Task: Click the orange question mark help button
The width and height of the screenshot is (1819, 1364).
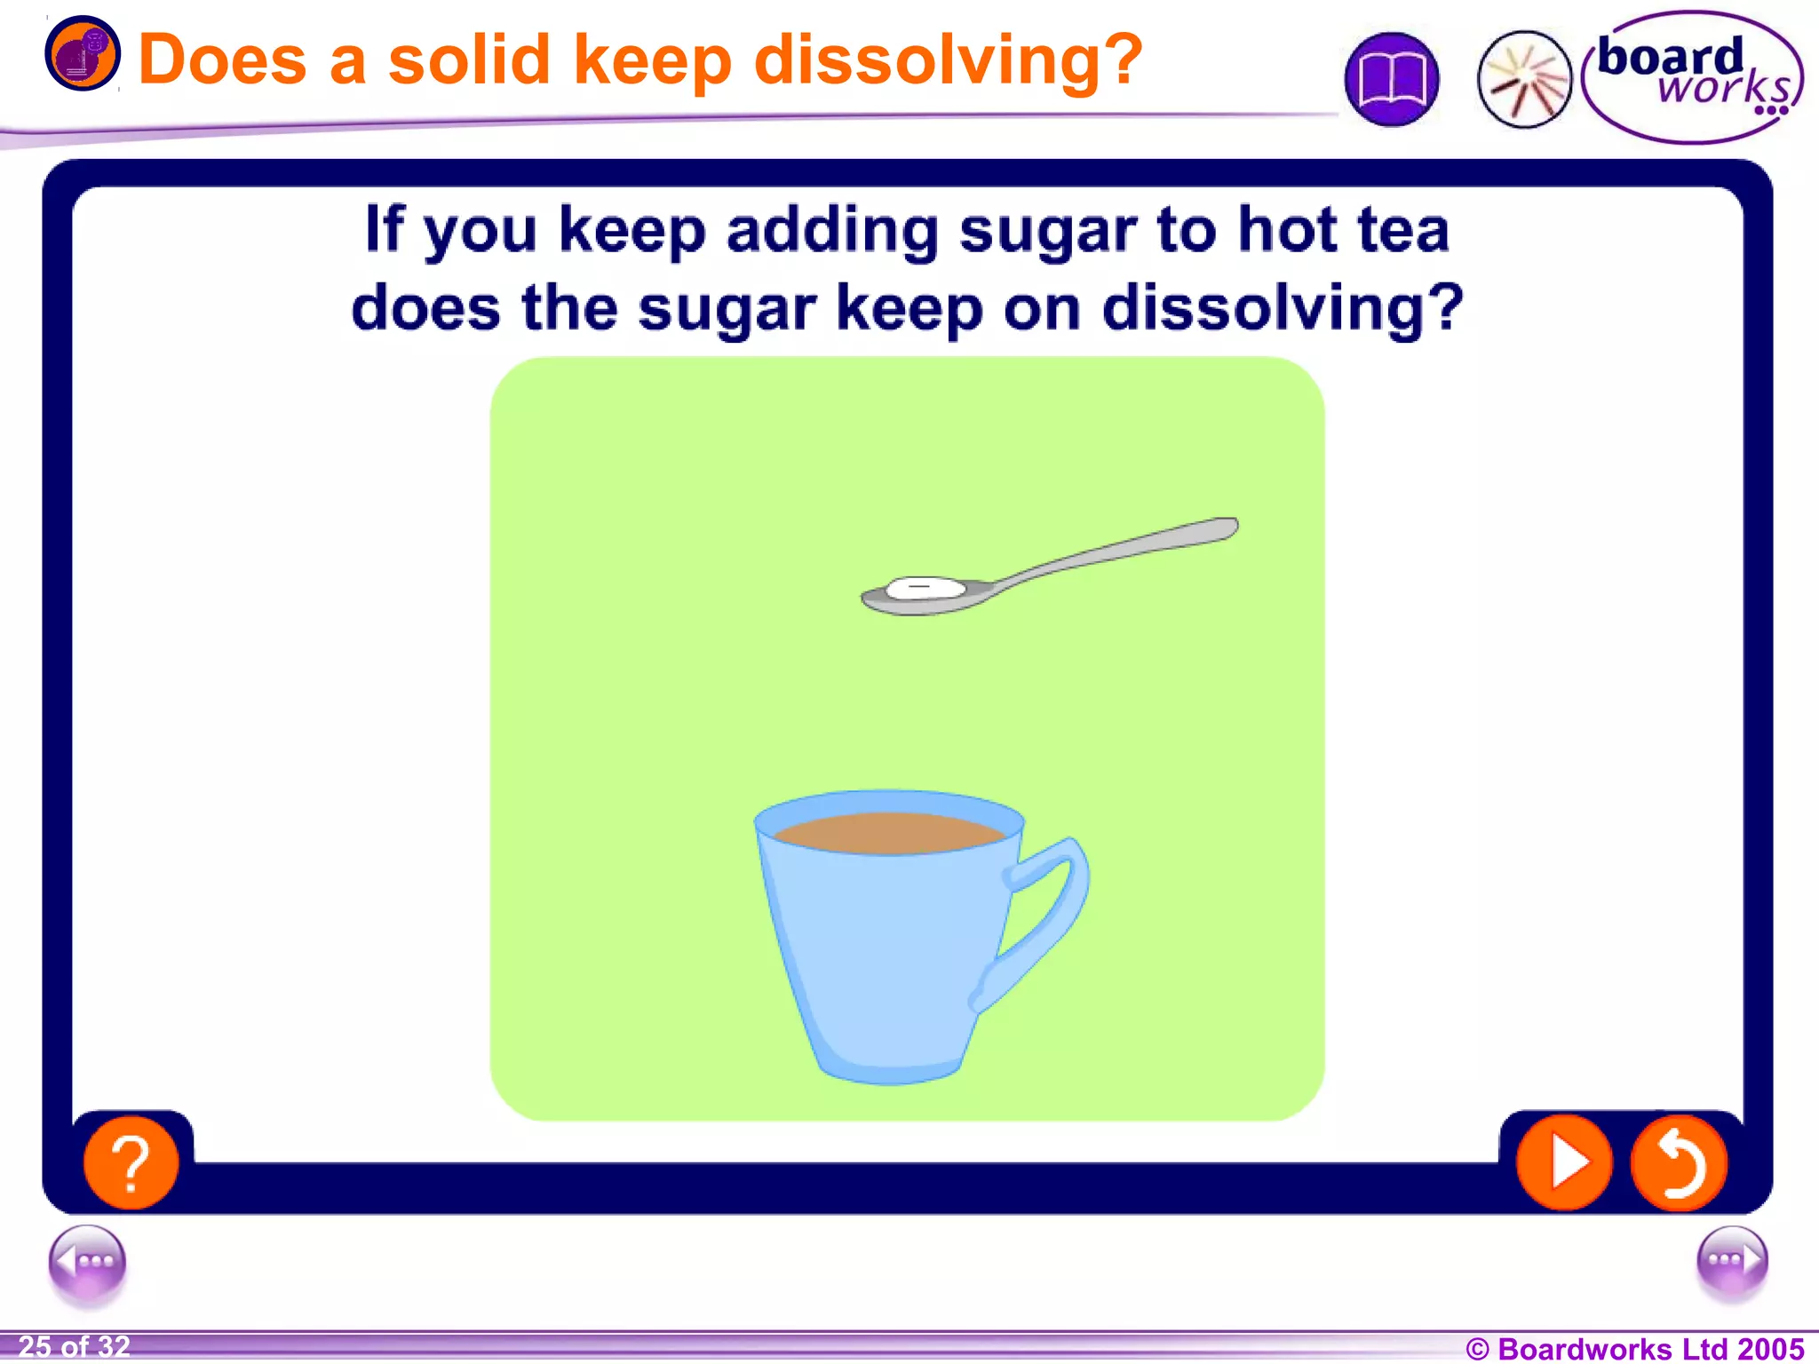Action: coord(131,1162)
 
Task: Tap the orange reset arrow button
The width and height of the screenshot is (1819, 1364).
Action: coord(1679,1162)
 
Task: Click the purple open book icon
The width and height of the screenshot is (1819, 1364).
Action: coord(1391,80)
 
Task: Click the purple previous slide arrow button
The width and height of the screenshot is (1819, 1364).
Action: coord(87,1262)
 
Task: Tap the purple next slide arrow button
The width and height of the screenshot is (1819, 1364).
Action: coord(1731,1262)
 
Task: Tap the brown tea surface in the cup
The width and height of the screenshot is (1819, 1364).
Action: coord(888,833)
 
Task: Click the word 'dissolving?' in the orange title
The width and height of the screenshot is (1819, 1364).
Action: coord(948,60)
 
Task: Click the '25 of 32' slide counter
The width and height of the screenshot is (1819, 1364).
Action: coord(75,1346)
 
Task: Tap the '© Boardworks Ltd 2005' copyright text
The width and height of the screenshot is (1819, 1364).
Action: coord(1634,1348)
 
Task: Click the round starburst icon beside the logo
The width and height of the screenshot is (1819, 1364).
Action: coord(1524,80)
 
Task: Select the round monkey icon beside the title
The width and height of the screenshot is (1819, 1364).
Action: coord(82,53)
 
